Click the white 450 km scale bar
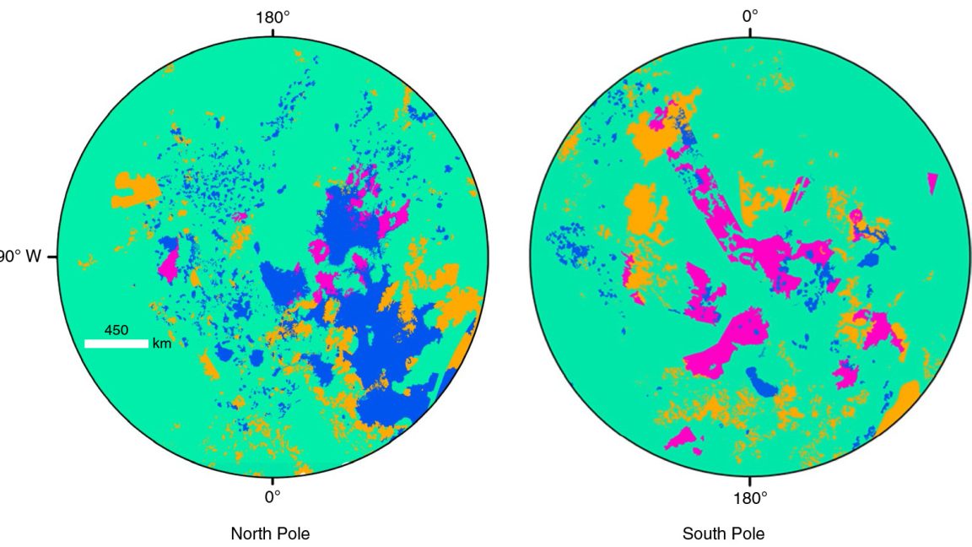point(116,344)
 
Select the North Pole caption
point(270,533)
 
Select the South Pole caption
point(723,533)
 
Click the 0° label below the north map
point(272,497)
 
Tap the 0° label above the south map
point(750,15)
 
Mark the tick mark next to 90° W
point(55,256)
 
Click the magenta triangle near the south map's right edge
point(932,182)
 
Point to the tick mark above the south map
point(750,33)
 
